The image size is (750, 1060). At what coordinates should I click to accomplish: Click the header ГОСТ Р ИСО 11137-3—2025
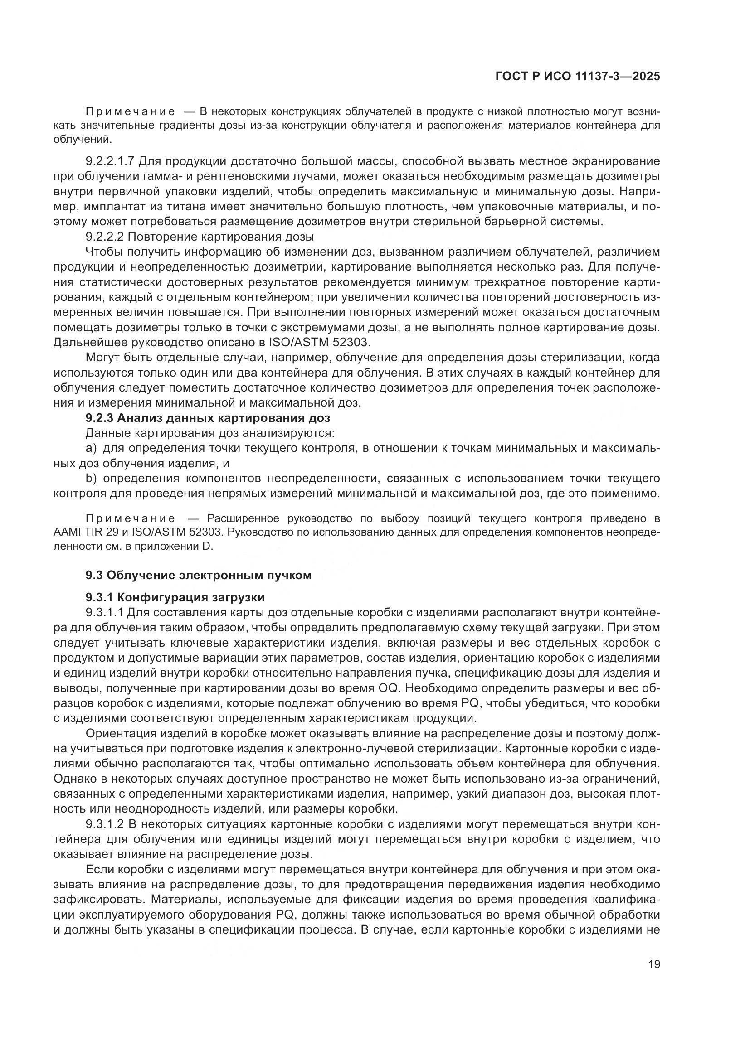click(x=577, y=76)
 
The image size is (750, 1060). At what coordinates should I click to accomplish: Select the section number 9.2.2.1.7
click(x=109, y=161)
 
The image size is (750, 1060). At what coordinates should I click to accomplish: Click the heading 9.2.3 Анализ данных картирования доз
click(x=208, y=418)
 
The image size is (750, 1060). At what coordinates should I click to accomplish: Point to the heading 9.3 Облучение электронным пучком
click(x=198, y=575)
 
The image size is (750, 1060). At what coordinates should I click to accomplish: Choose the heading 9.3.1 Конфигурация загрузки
click(x=175, y=597)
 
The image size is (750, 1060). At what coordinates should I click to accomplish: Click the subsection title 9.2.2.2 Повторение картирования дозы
click(x=200, y=237)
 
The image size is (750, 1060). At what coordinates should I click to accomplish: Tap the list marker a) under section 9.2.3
click(x=91, y=448)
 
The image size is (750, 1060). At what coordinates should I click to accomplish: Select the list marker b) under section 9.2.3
click(x=91, y=478)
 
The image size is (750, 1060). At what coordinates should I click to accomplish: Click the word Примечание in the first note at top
click(x=130, y=112)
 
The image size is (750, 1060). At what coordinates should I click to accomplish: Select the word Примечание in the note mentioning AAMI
click(x=130, y=518)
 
